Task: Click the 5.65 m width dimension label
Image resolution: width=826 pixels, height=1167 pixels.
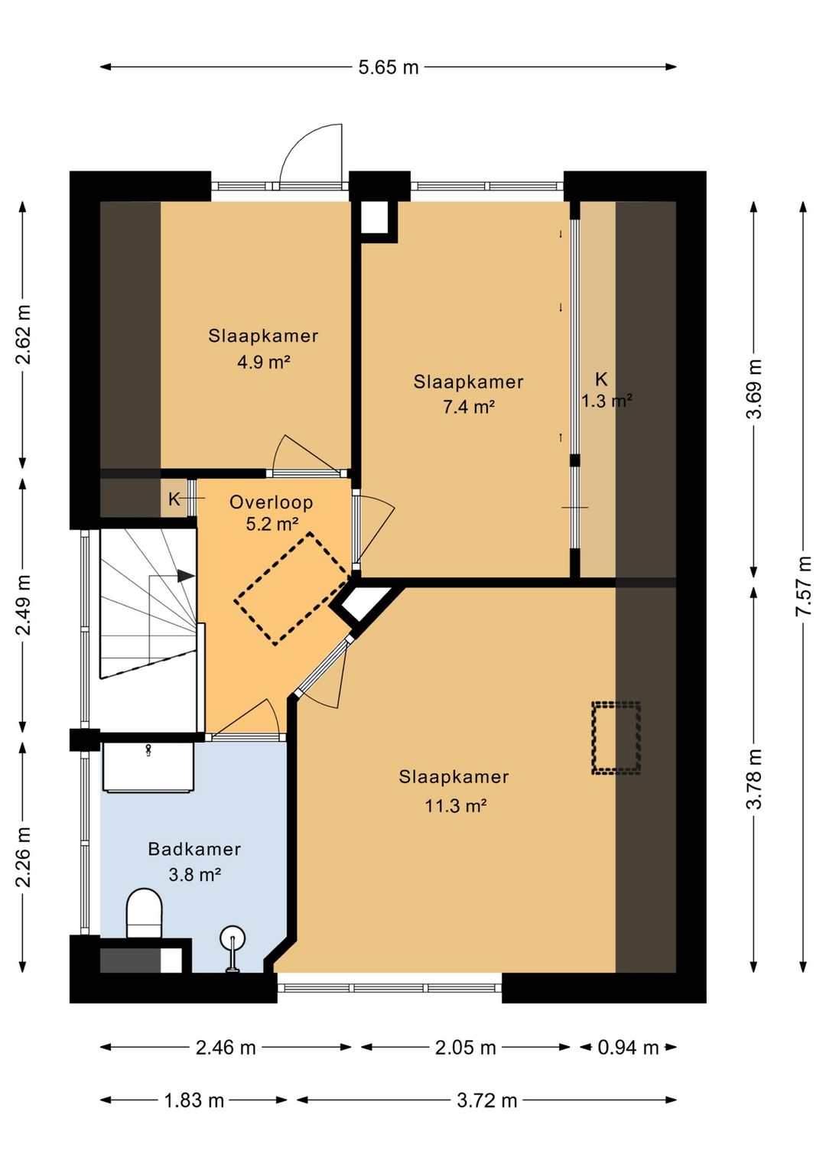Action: coord(389,67)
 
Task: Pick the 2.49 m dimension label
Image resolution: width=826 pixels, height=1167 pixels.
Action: coord(24,605)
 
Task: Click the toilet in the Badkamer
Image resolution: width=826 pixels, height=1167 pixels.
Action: coord(144,914)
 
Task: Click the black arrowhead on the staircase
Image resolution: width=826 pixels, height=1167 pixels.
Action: coord(186,576)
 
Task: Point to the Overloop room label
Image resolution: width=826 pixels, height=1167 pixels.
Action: coord(271,502)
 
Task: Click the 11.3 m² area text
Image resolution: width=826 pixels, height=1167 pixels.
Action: coord(456,806)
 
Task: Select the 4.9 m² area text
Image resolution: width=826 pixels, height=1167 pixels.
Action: coord(264,362)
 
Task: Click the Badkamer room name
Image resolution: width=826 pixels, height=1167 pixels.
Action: coord(194,849)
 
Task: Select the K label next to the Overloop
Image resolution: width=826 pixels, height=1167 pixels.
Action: coord(174,499)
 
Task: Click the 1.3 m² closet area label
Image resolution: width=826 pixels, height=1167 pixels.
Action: coord(607,401)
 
